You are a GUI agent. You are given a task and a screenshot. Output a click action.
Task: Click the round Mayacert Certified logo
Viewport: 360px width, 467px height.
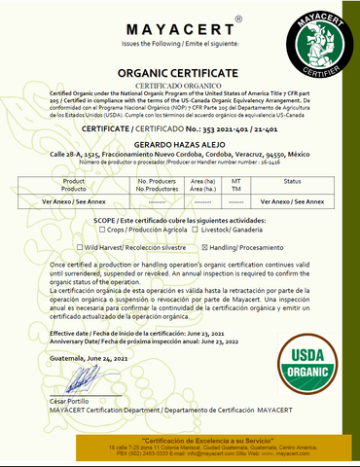pyautogui.click(x=311, y=44)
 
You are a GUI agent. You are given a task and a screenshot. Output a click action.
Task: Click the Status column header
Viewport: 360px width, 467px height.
pyautogui.click(x=292, y=181)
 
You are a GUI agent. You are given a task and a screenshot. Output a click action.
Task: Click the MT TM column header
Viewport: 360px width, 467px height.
pyautogui.click(x=236, y=185)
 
